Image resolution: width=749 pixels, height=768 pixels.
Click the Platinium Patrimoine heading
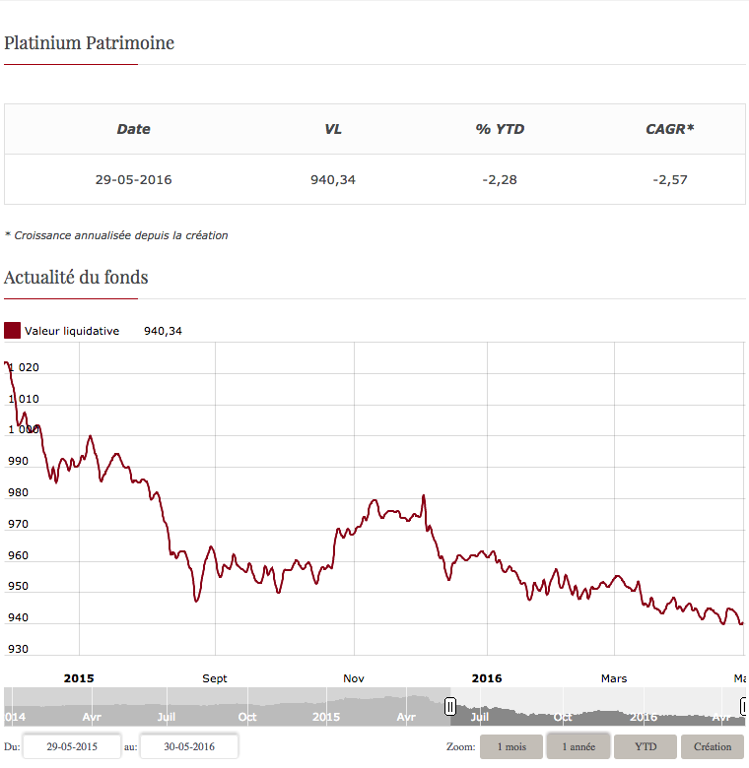(x=89, y=43)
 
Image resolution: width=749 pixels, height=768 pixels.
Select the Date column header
(x=133, y=129)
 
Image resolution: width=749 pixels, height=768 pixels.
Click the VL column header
(x=333, y=129)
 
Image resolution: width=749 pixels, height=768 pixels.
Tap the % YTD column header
(x=500, y=129)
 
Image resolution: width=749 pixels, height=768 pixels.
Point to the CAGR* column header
(x=670, y=129)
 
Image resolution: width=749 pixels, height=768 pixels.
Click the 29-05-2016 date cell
(x=133, y=179)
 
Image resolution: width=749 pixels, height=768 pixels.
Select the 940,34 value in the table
(x=333, y=179)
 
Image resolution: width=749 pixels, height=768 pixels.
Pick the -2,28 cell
(x=500, y=179)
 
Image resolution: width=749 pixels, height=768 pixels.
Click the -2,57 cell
(x=670, y=179)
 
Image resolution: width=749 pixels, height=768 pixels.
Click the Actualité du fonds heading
(x=76, y=277)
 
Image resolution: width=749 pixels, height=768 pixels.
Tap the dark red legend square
(x=12, y=331)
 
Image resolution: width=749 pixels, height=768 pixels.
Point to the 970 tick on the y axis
(x=18, y=524)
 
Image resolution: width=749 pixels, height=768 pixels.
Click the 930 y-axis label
(x=18, y=649)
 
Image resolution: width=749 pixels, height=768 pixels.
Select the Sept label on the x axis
(x=214, y=678)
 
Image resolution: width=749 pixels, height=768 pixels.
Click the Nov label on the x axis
(x=354, y=678)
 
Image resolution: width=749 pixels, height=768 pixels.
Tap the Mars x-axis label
(x=613, y=678)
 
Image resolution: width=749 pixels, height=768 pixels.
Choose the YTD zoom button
(x=645, y=747)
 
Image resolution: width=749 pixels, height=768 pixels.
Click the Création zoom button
(x=713, y=747)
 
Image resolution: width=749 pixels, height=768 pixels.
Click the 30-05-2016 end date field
(x=188, y=747)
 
